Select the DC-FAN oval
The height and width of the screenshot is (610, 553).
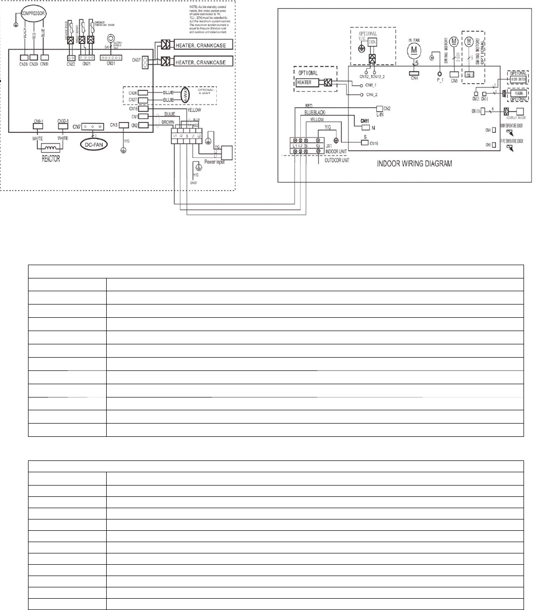(x=95, y=145)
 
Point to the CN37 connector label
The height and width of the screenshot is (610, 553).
(x=136, y=59)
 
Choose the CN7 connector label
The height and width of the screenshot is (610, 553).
(x=76, y=127)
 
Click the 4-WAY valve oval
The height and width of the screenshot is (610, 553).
(x=186, y=95)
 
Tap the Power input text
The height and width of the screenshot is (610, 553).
(x=214, y=162)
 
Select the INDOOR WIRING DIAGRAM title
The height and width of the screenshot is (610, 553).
(x=414, y=163)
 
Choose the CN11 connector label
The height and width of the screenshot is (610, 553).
(x=365, y=121)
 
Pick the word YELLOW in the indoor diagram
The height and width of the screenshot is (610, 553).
(x=317, y=120)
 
